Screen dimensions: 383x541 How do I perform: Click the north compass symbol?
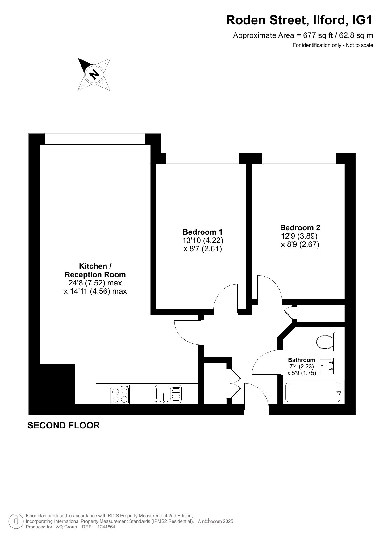click(94, 74)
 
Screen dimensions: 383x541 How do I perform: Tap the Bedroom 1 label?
click(202, 232)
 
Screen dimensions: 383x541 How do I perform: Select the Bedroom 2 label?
click(300, 228)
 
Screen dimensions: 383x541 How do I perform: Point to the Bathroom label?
click(302, 360)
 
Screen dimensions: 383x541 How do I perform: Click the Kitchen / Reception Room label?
click(95, 270)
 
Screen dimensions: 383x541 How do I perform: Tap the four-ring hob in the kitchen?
click(120, 395)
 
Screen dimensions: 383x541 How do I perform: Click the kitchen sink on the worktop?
click(168, 394)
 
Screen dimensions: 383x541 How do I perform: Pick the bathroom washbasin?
click(326, 366)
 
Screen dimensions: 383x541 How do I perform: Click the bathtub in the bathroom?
click(313, 392)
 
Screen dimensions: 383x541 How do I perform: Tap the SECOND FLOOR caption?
click(64, 426)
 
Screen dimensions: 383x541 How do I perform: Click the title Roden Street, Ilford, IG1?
click(299, 20)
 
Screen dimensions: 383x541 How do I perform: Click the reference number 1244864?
click(106, 527)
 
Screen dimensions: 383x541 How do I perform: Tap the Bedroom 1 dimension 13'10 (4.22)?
click(203, 240)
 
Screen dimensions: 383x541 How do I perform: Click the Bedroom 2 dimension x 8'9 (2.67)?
click(300, 245)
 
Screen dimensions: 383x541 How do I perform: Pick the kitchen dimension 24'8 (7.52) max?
click(95, 283)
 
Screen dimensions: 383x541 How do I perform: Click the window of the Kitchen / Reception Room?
click(95, 139)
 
